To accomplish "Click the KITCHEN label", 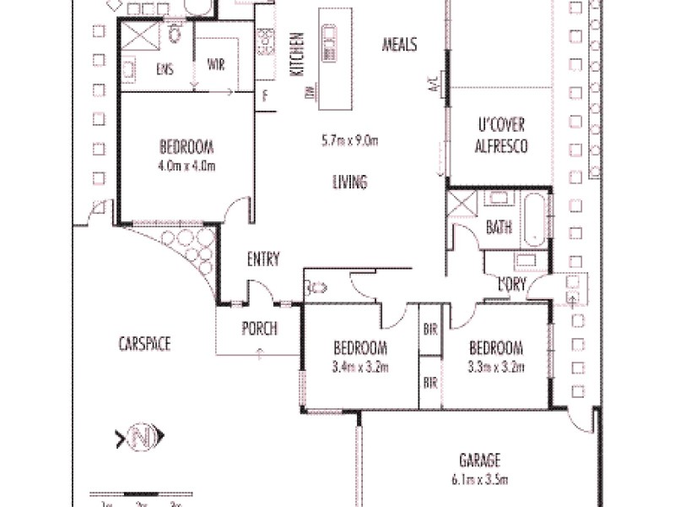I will click(x=297, y=56).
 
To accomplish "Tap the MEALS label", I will click(x=399, y=45).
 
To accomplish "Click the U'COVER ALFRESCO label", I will click(x=501, y=136).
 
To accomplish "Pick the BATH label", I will click(x=499, y=227).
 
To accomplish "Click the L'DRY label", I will click(x=511, y=285).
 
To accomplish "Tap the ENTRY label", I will click(x=262, y=259).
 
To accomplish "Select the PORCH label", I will click(x=259, y=329).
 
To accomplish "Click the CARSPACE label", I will click(x=144, y=343).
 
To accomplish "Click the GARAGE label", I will click(x=480, y=461).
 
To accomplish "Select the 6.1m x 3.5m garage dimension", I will click(x=480, y=477).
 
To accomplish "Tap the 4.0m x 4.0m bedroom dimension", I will click(x=186, y=165).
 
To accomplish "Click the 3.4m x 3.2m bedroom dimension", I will click(x=360, y=367).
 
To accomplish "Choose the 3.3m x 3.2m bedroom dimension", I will click(x=496, y=367).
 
